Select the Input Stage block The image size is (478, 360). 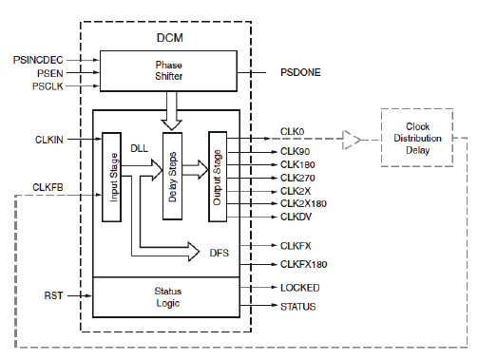[x=111, y=177]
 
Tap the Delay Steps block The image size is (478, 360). [x=172, y=177]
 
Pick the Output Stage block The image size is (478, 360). [x=219, y=177]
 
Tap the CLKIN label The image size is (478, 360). [x=48, y=141]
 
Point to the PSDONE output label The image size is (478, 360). [x=301, y=72]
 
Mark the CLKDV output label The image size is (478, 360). [x=296, y=217]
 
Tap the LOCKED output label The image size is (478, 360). [x=299, y=287]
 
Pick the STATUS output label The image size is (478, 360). [x=298, y=307]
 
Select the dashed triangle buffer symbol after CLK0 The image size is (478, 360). [x=353, y=141]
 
